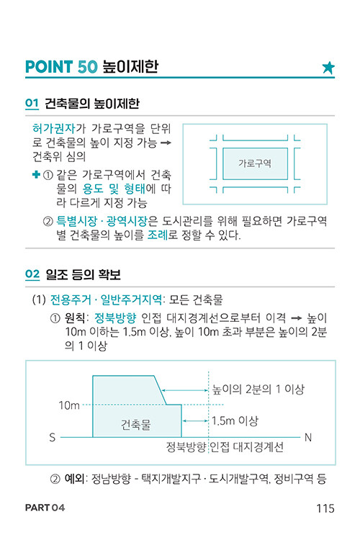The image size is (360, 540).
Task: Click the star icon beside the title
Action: (328, 68)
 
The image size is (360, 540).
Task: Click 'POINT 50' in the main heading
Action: (62, 67)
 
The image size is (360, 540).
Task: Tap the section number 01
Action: (32, 103)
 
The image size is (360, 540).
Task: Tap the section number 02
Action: (32, 274)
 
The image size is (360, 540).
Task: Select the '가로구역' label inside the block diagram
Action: (255, 163)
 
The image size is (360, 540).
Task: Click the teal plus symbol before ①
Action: (36, 175)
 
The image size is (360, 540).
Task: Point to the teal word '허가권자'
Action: (54, 128)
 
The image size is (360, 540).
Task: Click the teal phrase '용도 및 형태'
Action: (114, 189)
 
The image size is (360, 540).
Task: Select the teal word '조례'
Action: (158, 235)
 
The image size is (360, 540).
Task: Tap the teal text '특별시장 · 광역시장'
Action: (102, 221)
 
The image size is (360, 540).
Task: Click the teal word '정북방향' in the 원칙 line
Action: (115, 318)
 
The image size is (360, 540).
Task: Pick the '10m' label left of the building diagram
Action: (69, 405)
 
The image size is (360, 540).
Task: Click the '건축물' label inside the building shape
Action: (136, 424)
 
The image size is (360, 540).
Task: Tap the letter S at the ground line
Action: (53, 437)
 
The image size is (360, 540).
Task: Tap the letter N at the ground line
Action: (308, 437)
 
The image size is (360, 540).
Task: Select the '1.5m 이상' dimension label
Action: (235, 420)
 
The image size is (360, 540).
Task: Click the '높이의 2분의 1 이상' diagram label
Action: (258, 389)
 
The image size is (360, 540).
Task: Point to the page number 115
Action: (325, 508)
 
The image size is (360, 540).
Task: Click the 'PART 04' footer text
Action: (45, 508)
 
